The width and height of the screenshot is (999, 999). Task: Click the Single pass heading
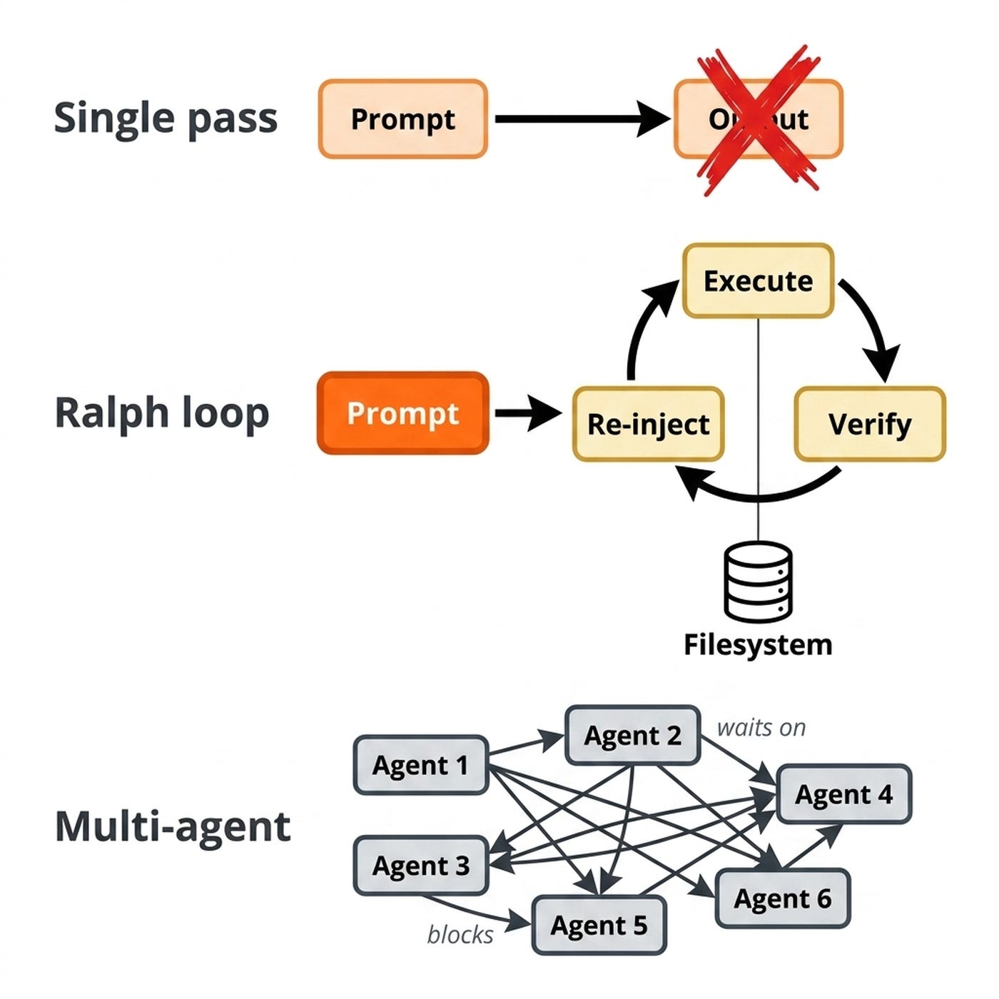coord(166,118)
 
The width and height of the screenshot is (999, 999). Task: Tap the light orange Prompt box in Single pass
coord(402,119)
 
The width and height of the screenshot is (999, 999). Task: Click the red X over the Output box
coord(759,119)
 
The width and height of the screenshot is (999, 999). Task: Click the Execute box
coord(758,281)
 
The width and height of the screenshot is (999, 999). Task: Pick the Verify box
coord(869,424)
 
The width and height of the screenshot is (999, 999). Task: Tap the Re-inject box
coord(648,424)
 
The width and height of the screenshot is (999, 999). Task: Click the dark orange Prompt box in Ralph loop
coord(402,413)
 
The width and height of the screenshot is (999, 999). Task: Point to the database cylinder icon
coord(758,582)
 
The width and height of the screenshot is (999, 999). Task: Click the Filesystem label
coord(758,645)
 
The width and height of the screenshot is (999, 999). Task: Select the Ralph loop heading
coord(162,413)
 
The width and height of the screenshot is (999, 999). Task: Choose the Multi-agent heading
coord(173,827)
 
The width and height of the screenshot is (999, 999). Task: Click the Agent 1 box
coord(420,766)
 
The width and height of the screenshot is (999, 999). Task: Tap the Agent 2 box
coord(632,736)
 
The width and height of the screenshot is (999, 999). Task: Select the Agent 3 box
coord(420,866)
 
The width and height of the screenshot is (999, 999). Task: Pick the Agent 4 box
coord(843,794)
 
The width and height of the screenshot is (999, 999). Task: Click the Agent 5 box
coord(599,926)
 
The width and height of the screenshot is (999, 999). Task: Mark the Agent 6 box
coord(782,898)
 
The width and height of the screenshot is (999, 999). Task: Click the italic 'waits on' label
coord(761,728)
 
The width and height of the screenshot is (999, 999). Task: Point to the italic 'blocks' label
coord(460,935)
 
